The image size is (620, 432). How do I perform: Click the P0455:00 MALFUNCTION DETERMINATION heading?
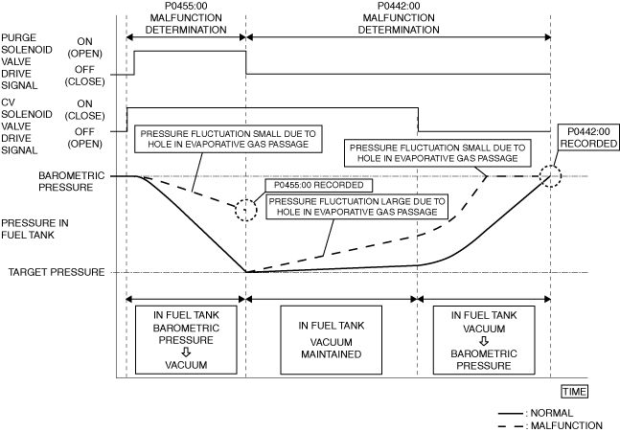[186, 16]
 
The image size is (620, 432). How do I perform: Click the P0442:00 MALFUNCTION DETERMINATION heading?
[398, 16]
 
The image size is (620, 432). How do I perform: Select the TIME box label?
[575, 391]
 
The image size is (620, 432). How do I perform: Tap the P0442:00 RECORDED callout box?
[588, 137]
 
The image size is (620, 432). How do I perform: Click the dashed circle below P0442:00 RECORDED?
[549, 176]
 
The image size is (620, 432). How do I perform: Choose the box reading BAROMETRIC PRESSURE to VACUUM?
[186, 340]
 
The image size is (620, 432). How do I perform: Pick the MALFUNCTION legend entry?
[550, 424]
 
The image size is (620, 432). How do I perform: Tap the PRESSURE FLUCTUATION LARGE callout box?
[356, 209]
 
